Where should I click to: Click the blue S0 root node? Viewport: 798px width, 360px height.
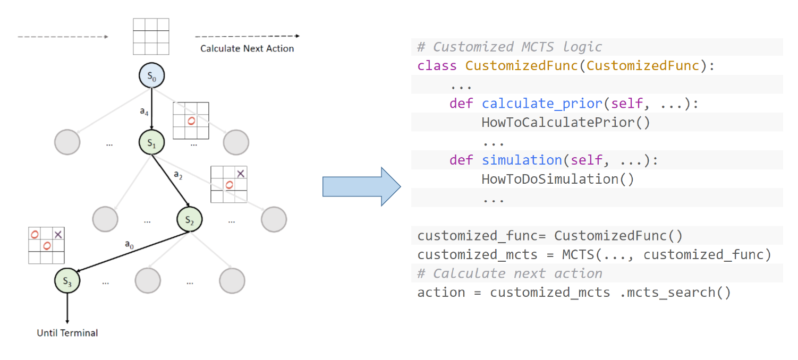pos(152,75)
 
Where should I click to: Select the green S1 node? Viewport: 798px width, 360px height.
pos(152,142)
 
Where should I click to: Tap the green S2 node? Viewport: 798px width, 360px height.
pos(190,219)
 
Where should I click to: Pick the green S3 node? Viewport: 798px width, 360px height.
pos(67,280)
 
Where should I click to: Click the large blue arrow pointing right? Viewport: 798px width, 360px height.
pos(362,186)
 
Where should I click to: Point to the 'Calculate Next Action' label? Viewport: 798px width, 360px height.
pos(247,48)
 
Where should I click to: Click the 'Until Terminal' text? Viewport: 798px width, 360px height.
pos(67,333)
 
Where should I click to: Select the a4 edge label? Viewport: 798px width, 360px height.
pos(144,112)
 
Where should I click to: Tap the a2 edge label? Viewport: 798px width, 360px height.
pos(178,175)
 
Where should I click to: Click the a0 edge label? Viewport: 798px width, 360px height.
pos(129,244)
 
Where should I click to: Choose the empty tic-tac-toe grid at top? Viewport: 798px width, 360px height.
pos(151,36)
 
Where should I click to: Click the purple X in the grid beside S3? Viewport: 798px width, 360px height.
pos(58,235)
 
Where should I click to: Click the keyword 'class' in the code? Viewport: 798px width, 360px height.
pos(437,65)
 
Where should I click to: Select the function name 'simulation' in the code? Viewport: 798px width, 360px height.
pos(522,160)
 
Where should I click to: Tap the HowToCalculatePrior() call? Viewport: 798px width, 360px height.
pos(566,123)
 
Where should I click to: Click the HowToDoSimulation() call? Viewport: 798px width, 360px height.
pos(558,179)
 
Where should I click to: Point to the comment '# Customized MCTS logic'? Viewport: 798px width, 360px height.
pos(510,47)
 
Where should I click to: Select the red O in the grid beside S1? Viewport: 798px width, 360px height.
pos(191,121)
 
